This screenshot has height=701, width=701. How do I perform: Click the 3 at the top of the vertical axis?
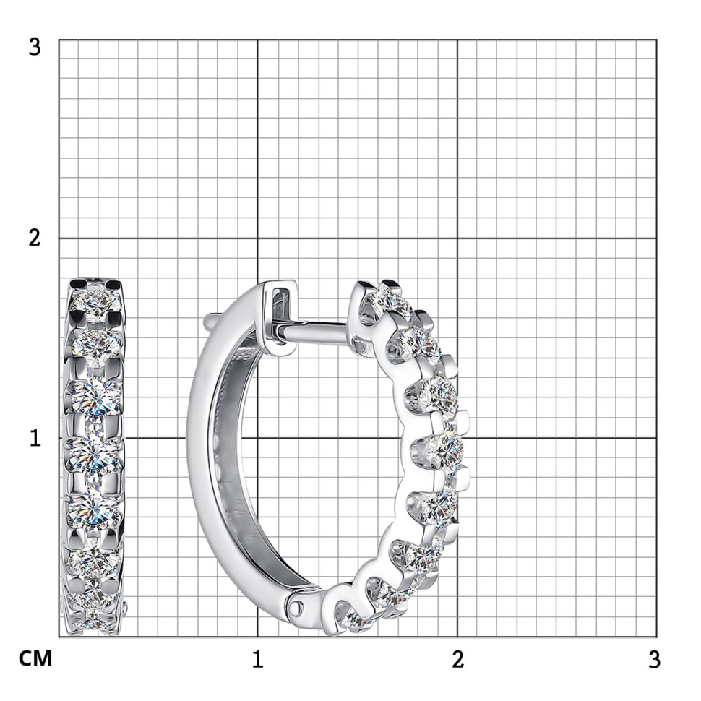(x=35, y=46)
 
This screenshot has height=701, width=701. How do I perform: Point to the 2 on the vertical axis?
(x=35, y=237)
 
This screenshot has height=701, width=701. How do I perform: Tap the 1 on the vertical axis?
(x=35, y=438)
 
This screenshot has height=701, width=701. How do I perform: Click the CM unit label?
(x=35, y=658)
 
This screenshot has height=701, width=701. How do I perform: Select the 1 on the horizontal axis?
(x=257, y=659)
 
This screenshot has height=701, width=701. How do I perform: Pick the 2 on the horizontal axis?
(x=457, y=659)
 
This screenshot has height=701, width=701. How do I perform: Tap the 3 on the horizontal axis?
(x=654, y=659)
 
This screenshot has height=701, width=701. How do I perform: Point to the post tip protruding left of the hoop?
(x=208, y=319)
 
